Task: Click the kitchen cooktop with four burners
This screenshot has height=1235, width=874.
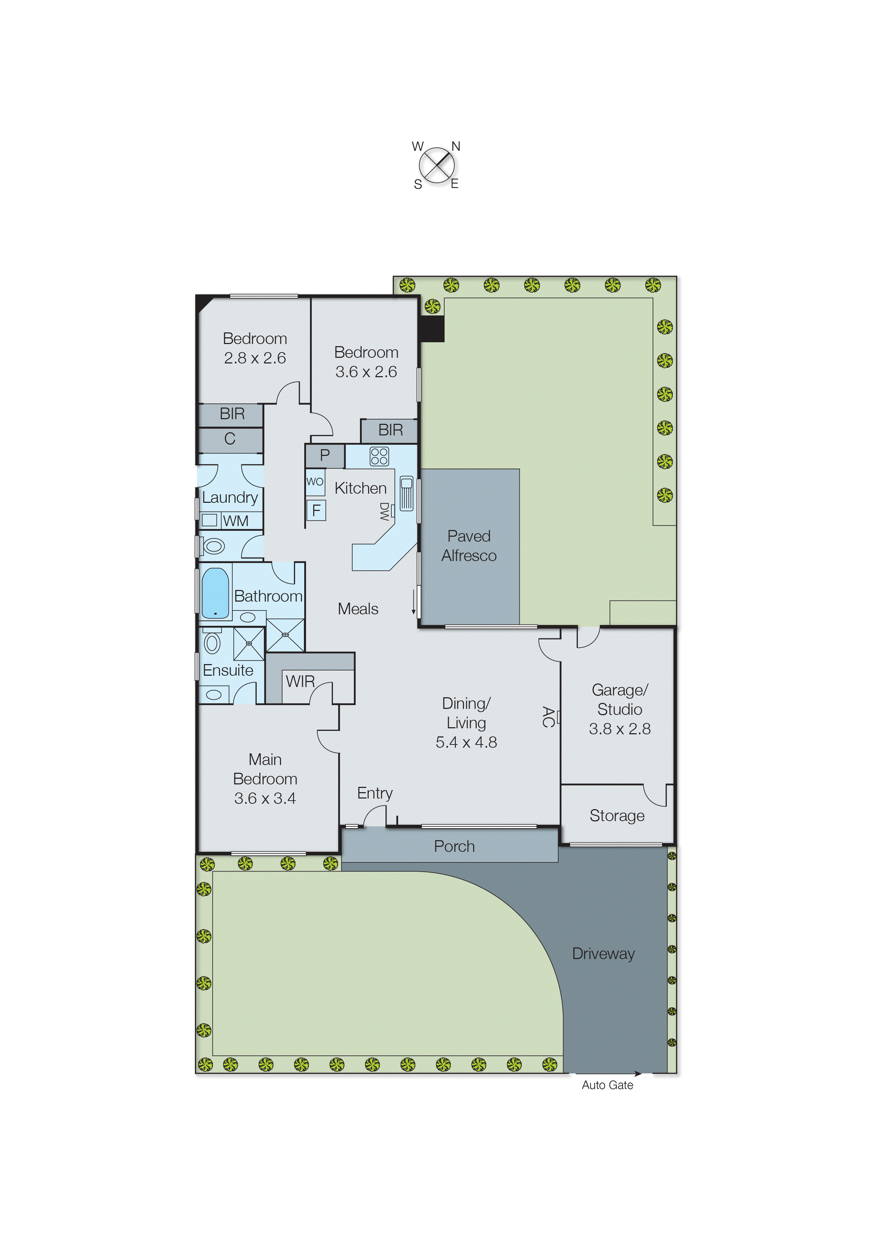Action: [379, 456]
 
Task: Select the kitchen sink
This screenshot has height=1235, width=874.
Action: [406, 493]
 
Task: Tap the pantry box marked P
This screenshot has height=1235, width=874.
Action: [324, 455]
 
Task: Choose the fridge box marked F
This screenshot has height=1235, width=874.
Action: [316, 510]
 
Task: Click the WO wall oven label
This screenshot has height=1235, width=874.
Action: [315, 482]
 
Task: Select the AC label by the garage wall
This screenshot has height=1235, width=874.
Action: [548, 717]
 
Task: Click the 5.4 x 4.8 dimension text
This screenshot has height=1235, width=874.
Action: [466, 742]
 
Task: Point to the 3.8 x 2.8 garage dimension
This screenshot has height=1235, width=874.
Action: [619, 729]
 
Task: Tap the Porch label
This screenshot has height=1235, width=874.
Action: [454, 846]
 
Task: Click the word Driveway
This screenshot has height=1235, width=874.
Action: [603, 954]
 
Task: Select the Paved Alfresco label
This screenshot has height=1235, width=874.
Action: [469, 546]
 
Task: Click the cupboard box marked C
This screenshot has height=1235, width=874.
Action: [230, 438]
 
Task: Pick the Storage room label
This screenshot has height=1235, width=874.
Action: [617, 815]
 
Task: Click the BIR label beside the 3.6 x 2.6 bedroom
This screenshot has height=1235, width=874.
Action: [390, 430]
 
